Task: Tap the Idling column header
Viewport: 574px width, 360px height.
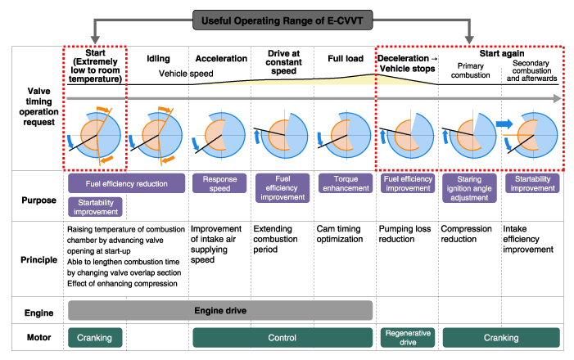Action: [x=158, y=59]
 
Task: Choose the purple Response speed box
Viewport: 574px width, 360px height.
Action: [x=219, y=182]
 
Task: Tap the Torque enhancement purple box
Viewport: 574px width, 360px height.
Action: [x=342, y=182]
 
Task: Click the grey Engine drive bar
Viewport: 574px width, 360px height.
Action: [x=219, y=310]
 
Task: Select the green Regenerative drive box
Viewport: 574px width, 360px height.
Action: [x=406, y=337]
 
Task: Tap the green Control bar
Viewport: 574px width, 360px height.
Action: [x=282, y=337]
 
